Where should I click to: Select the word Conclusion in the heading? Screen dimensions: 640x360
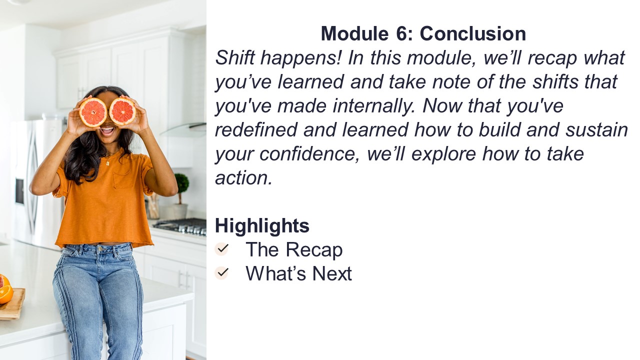click(473, 33)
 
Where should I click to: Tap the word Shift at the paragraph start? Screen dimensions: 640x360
click(235, 57)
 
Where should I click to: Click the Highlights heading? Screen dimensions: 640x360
click(262, 226)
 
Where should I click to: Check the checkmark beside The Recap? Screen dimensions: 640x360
click(221, 249)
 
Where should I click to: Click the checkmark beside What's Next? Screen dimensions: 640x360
click(221, 273)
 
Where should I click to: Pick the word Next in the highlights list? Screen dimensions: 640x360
click(332, 273)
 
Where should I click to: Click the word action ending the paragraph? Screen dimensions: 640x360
click(243, 178)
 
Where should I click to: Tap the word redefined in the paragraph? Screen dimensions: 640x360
click(256, 129)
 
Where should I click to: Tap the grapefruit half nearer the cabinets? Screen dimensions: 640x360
click(122, 111)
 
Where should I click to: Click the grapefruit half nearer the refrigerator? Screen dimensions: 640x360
click(93, 112)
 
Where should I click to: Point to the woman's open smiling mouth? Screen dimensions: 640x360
click(107, 131)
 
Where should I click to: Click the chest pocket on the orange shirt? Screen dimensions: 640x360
click(123, 179)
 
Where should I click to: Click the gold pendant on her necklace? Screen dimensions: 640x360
click(107, 163)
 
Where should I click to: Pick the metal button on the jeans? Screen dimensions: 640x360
click(99, 249)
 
